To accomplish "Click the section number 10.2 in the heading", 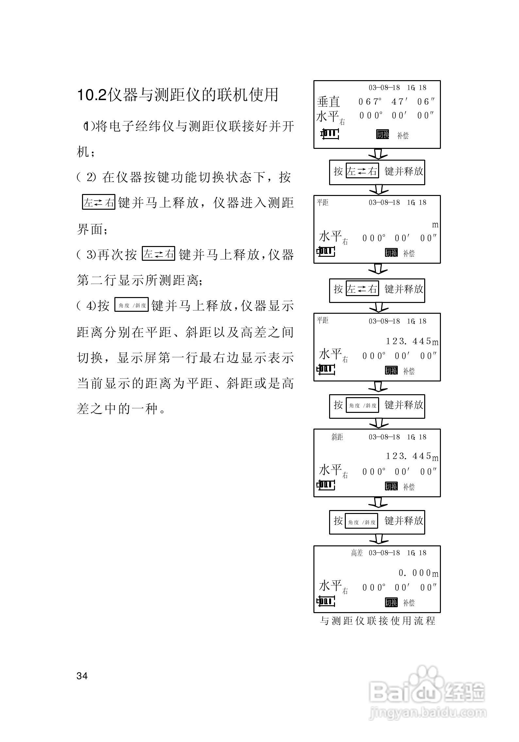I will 92,95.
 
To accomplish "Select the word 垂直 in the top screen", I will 328,102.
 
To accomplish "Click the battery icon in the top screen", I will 329,134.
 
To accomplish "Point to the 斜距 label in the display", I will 337,437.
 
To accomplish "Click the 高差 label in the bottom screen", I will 357,553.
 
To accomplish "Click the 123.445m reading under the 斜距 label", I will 412,456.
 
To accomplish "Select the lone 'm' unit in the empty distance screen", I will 435,225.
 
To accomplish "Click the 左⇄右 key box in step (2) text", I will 99,202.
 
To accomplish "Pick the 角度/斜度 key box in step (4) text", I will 132,305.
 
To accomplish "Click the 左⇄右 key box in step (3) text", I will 159,254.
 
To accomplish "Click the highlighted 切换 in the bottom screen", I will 391,602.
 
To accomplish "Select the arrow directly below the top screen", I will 378,154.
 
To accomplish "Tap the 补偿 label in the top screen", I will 403,135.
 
